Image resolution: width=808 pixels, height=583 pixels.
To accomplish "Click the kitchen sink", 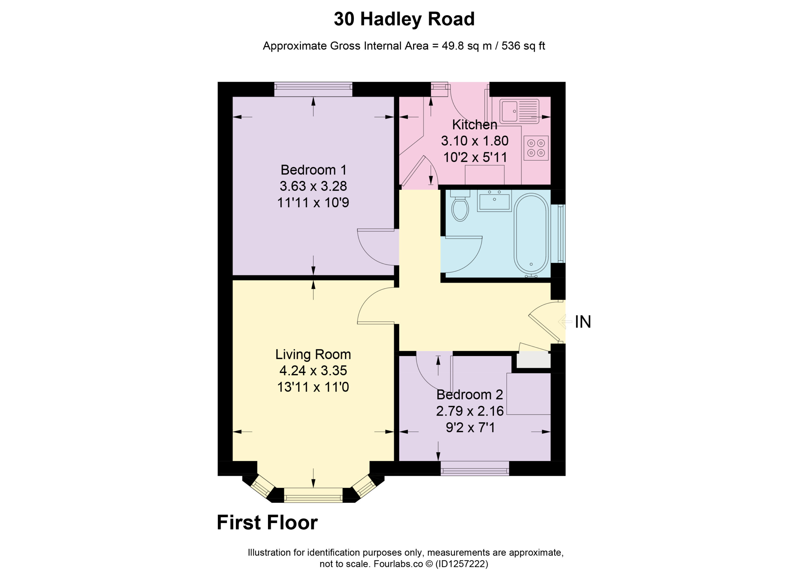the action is [519, 111].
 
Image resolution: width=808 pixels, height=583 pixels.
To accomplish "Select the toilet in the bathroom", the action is [460, 205].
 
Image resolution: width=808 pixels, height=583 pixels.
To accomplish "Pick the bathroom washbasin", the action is [494, 201].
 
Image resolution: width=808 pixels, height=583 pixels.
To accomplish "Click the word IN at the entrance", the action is [583, 322].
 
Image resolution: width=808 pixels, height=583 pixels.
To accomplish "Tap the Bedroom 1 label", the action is [313, 170].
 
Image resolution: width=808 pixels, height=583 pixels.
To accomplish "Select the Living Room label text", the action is [313, 354].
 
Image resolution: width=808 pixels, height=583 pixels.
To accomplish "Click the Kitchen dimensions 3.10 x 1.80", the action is [474, 141].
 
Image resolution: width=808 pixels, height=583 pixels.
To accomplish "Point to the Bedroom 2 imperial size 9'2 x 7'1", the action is [470, 428].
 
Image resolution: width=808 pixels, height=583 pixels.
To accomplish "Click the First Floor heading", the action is [267, 522].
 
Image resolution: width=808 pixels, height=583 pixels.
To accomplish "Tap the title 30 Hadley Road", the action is [404, 19].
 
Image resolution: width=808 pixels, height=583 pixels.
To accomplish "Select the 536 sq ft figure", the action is [523, 46].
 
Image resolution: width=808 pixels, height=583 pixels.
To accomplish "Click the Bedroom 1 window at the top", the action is [313, 89].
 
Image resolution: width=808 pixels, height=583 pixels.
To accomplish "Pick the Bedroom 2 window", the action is [475, 469].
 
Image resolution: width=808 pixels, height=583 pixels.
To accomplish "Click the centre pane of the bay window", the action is [313, 495].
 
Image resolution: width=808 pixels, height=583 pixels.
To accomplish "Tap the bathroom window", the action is [558, 234].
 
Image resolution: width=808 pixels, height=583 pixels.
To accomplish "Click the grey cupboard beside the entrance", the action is [533, 360].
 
